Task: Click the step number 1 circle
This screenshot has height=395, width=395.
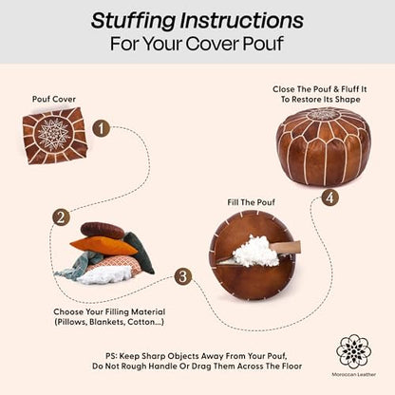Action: pyautogui.click(x=102, y=129)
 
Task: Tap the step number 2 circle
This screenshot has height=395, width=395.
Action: pyautogui.click(x=61, y=217)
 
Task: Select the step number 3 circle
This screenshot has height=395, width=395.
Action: pyautogui.click(x=183, y=276)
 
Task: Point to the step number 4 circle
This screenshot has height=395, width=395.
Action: pyautogui.click(x=330, y=197)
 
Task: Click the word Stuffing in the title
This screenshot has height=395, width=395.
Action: pyautogui.click(x=133, y=21)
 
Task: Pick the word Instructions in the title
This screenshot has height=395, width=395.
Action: pyautogui.click(x=242, y=20)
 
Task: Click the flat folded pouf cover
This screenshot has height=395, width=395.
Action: pyautogui.click(x=54, y=136)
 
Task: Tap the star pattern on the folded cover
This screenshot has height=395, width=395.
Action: pyautogui.click(x=53, y=134)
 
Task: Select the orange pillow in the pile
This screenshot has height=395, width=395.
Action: pyautogui.click(x=103, y=246)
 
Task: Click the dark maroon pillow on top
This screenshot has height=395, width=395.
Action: pyautogui.click(x=102, y=230)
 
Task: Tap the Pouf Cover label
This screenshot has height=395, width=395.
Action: pyautogui.click(x=54, y=99)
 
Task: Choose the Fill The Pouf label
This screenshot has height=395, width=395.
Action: pyautogui.click(x=251, y=202)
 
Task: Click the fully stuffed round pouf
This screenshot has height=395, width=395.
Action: pyautogui.click(x=323, y=146)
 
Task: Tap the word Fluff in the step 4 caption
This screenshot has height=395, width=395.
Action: pyautogui.click(x=349, y=89)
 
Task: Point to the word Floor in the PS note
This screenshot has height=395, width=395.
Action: pyautogui.click(x=291, y=367)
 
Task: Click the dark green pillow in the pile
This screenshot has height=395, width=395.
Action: pyautogui.click(x=141, y=253)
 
